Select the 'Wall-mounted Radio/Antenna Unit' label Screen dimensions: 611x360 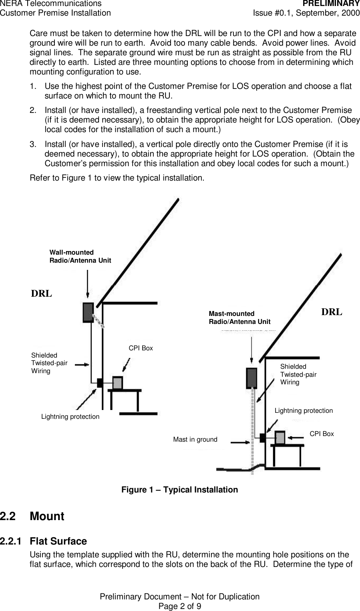coord(80,256)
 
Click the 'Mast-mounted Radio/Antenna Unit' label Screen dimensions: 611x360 coord(239,318)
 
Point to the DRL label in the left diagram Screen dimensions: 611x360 coord(42,293)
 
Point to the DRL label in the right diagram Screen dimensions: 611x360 coord(332,312)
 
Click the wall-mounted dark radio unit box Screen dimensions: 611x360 coord(88,313)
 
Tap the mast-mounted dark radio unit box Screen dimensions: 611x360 coord(251,378)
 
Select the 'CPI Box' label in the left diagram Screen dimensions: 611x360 coord(141,348)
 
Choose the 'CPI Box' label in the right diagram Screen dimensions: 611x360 coord(322,434)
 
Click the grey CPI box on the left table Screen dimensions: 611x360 coord(118,383)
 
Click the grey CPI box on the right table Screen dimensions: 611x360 coord(280,438)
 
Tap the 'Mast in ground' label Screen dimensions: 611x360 coord(195,440)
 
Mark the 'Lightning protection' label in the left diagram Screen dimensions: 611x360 coord(70,417)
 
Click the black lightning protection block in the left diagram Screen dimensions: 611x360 coord(100,383)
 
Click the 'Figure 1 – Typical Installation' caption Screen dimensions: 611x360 coord(179,490)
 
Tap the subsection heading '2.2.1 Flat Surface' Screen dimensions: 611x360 coord(43,541)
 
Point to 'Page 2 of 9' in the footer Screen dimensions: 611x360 coord(180,606)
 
